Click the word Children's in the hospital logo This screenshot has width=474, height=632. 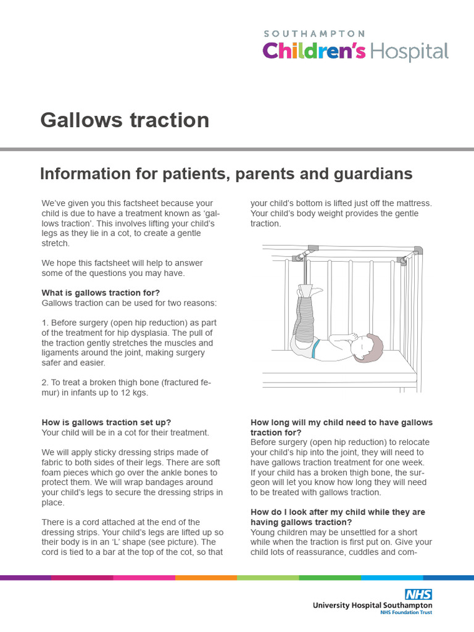click(x=315, y=51)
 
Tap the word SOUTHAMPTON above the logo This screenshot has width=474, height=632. click(x=314, y=33)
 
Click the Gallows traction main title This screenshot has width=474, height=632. click(x=125, y=120)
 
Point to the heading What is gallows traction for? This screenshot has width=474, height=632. click(x=102, y=293)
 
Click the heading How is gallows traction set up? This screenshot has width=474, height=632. click(x=106, y=422)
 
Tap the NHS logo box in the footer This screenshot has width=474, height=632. click(x=418, y=594)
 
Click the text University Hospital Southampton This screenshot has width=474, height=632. click(x=372, y=605)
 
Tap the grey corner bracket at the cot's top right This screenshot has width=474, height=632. click(x=418, y=250)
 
